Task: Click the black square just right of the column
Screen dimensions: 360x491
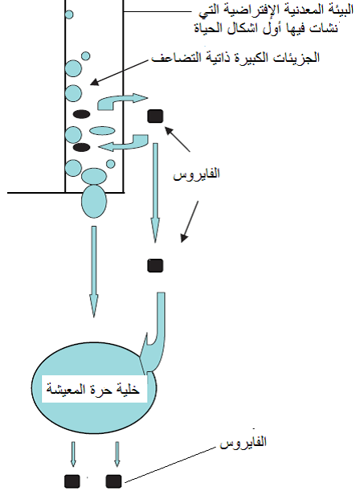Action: pyautogui.click(x=155, y=117)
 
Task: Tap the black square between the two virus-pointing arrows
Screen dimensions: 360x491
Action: pyautogui.click(x=155, y=265)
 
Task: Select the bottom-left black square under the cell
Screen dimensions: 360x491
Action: pyautogui.click(x=72, y=481)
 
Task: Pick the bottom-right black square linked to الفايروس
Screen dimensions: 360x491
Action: pyautogui.click(x=113, y=481)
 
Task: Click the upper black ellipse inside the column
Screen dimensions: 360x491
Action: pyautogui.click(x=82, y=114)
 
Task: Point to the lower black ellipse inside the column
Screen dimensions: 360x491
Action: pyautogui.click(x=82, y=147)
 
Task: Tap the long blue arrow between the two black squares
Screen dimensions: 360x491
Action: pyautogui.click(x=155, y=193)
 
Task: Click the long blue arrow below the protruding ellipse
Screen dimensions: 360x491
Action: pyautogui.click(x=93, y=272)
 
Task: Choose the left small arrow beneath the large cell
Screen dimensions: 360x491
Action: pyautogui.click(x=73, y=454)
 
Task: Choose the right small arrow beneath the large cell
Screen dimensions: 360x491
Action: pyautogui.click(x=117, y=454)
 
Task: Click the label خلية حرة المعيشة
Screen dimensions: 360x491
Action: pyautogui.click(x=93, y=389)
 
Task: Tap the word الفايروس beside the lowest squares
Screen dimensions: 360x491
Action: pyautogui.click(x=243, y=442)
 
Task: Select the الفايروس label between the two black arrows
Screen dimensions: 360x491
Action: pyautogui.click(x=197, y=173)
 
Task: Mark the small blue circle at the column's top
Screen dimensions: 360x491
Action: pyautogui.click(x=69, y=14)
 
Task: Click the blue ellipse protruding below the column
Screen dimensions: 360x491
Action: pyautogui.click(x=94, y=202)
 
